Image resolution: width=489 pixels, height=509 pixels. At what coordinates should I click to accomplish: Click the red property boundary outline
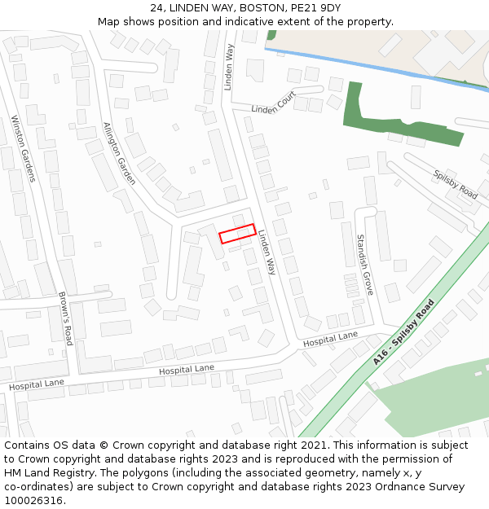[x=237, y=234]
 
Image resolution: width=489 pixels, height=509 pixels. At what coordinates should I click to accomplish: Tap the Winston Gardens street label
[x=23, y=149]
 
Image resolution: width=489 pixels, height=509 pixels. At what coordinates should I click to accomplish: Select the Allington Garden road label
[x=119, y=154]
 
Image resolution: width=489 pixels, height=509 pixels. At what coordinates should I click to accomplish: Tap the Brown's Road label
[x=65, y=318]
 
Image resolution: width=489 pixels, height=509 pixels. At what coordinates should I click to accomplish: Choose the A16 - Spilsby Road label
[x=403, y=332]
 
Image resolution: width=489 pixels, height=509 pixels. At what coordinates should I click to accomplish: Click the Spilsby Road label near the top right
[x=456, y=185]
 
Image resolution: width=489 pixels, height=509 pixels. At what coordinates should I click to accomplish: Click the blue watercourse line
[x=375, y=67]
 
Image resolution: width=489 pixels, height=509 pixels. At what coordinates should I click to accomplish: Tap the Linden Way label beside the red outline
[x=267, y=252]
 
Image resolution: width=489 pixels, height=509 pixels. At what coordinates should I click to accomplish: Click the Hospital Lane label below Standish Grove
[x=330, y=338]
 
